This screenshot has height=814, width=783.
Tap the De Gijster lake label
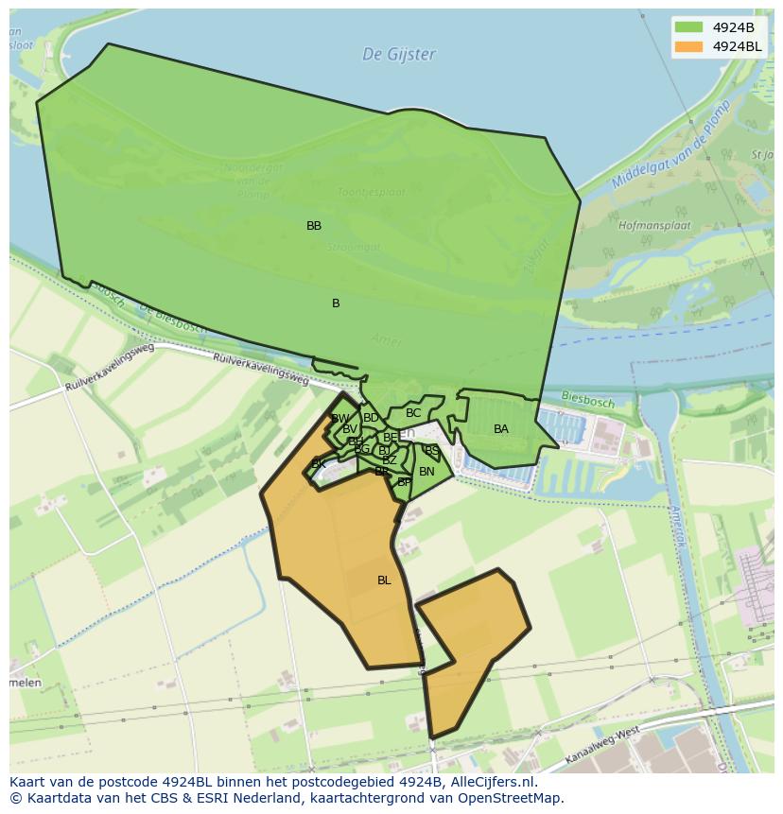click(399, 55)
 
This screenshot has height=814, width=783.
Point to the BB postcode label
click(314, 226)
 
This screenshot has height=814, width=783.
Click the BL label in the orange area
click(384, 580)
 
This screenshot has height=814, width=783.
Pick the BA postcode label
click(501, 429)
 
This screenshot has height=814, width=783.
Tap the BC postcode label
click(413, 413)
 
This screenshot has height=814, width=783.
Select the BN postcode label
click(426, 472)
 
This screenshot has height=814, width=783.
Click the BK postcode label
click(319, 464)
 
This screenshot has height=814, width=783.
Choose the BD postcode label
click(371, 418)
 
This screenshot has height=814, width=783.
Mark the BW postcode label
click(340, 419)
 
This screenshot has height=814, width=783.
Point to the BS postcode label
click(431, 451)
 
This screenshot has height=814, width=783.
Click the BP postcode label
click(404, 482)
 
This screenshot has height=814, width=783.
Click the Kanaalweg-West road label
click(602, 747)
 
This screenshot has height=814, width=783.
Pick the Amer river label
click(387, 338)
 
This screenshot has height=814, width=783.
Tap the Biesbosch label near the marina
click(588, 400)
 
